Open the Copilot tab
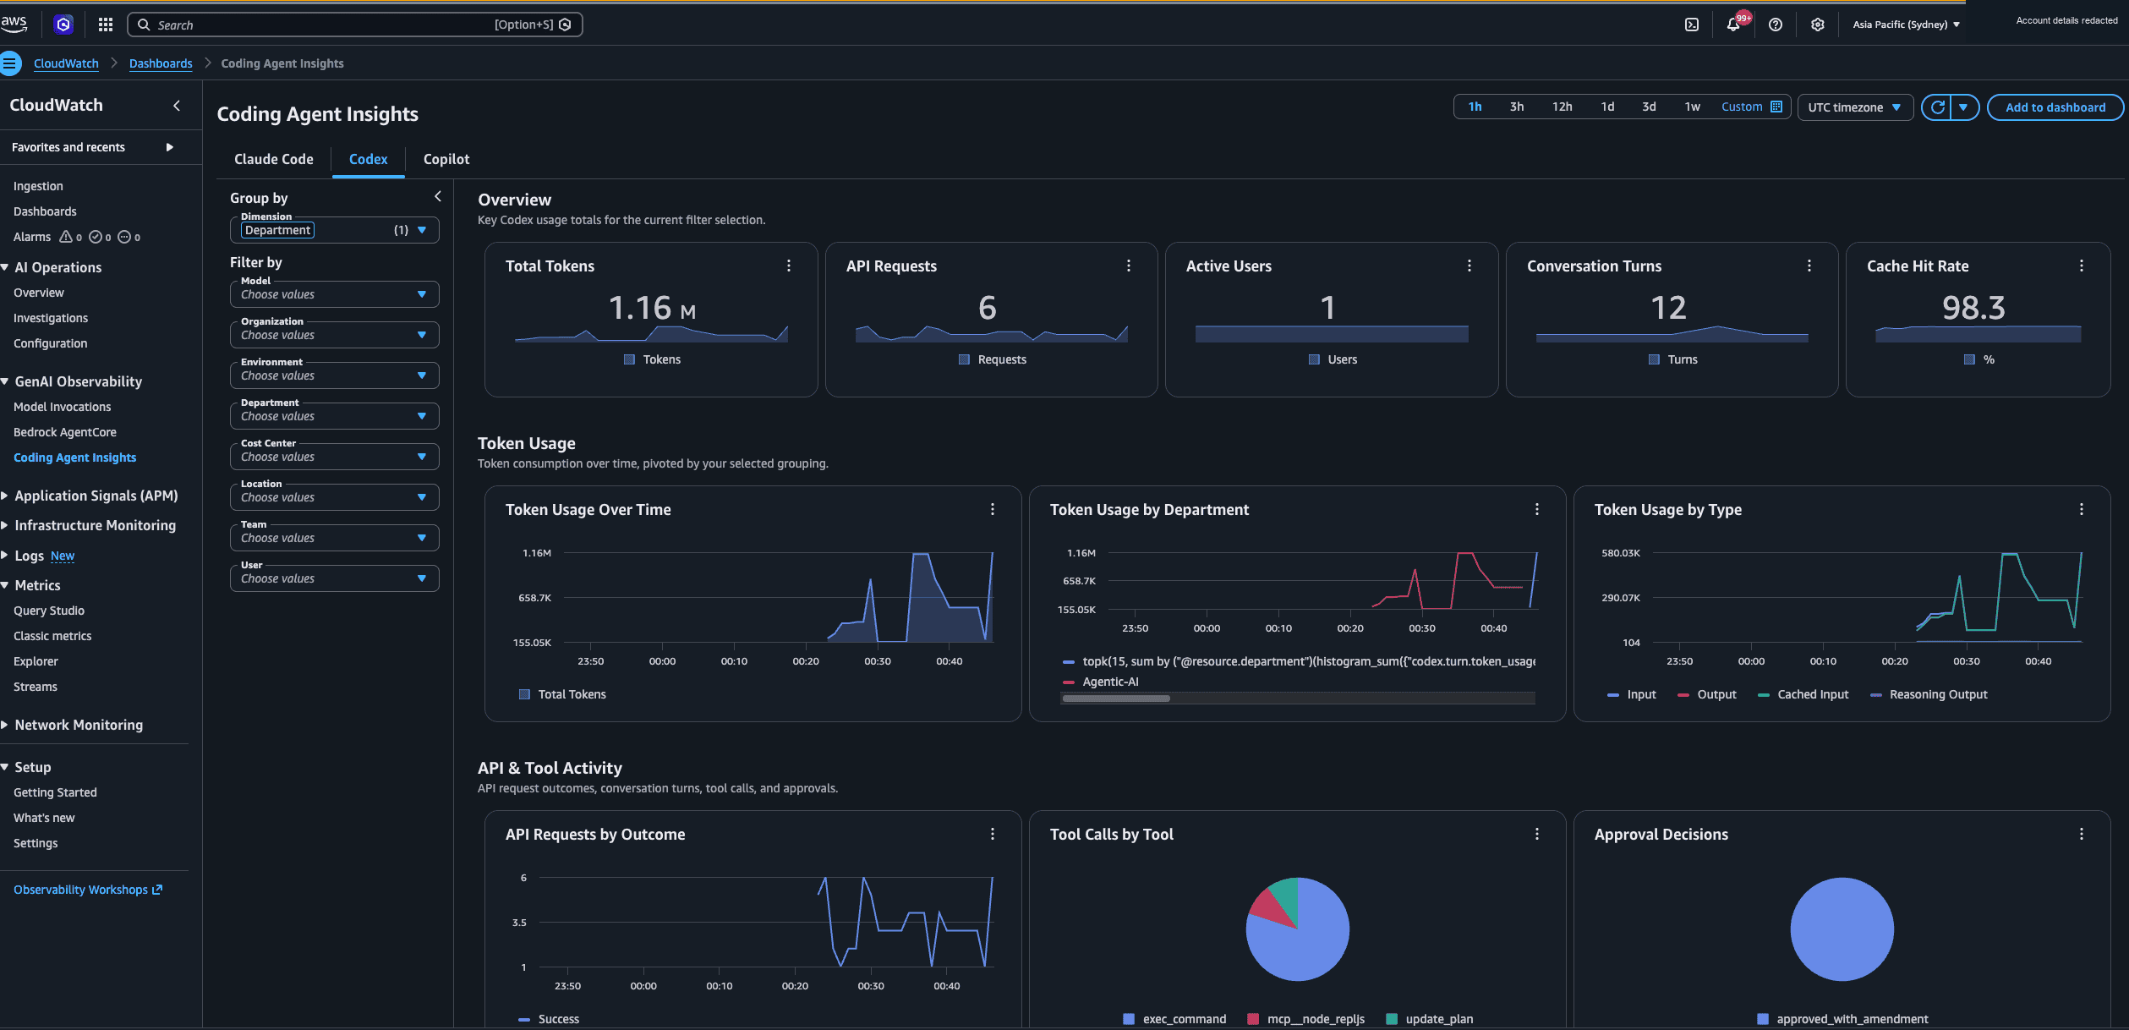[446, 159]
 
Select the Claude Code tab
[273, 159]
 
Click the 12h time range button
[1562, 107]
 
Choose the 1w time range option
[1692, 107]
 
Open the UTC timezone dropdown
[1854, 107]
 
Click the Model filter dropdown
[334, 294]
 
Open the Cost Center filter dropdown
[334, 457]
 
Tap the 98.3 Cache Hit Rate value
[1973, 308]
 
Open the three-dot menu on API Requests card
[1129, 266]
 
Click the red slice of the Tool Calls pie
[1271, 905]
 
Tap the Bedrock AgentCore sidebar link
[65, 432]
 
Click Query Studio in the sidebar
[49, 611]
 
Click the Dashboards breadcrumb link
[161, 63]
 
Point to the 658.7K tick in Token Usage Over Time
[534, 598]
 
